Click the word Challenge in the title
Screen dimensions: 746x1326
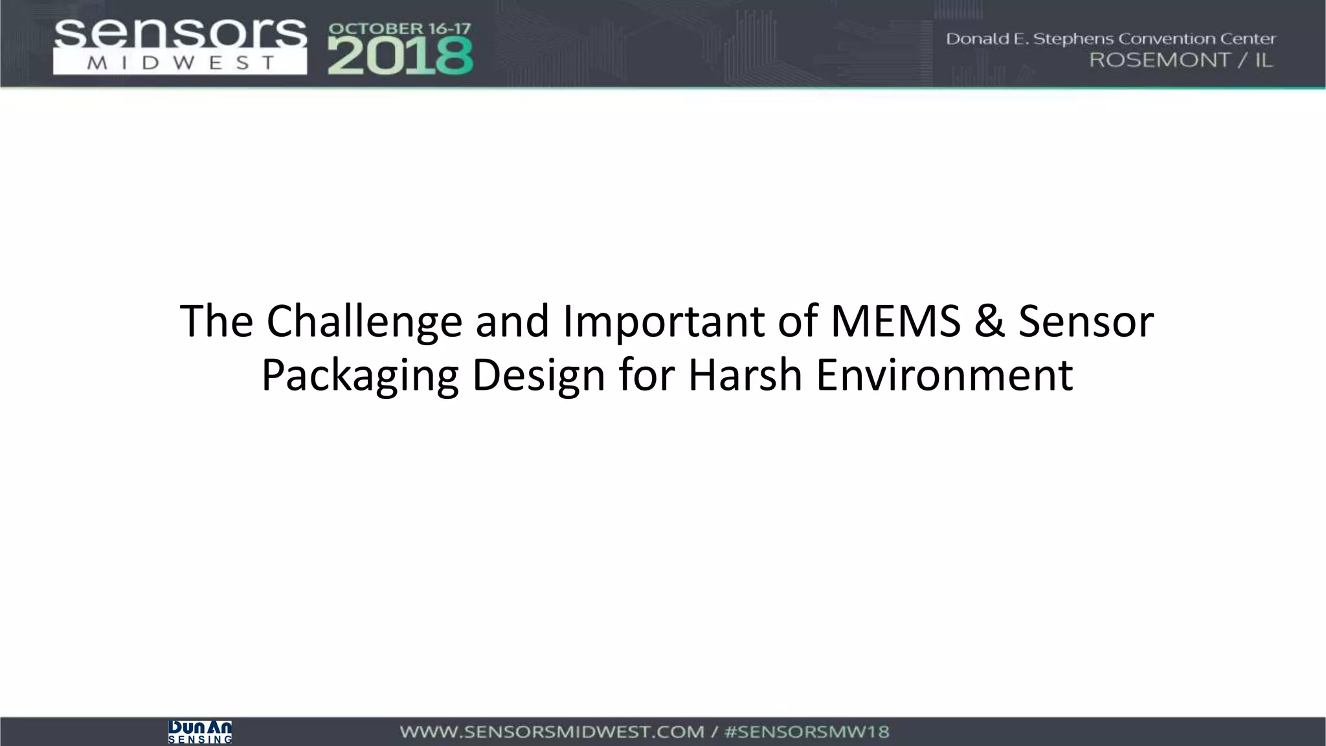tap(365, 322)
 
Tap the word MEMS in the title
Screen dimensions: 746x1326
tap(895, 322)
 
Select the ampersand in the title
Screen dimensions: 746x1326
tap(989, 322)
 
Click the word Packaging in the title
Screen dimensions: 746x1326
tap(359, 376)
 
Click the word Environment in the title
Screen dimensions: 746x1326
tap(944, 376)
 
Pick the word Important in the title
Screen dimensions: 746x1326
tap(664, 322)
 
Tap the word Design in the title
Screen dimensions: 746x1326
tap(538, 376)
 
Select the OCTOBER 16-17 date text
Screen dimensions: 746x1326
tap(400, 29)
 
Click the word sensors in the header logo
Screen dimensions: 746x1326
tap(180, 34)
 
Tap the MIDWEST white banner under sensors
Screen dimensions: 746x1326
tap(180, 63)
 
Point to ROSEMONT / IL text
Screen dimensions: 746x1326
tap(1180, 60)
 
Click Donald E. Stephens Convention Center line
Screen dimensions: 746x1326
tap(1110, 39)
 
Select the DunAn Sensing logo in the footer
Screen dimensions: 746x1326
tap(200, 732)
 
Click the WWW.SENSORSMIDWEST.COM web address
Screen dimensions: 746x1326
tap(551, 732)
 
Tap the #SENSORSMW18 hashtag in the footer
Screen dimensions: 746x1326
tap(807, 732)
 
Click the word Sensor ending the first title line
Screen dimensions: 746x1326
tap(1086, 322)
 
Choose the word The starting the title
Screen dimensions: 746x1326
tap(216, 322)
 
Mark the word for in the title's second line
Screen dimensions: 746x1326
tap(646, 376)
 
